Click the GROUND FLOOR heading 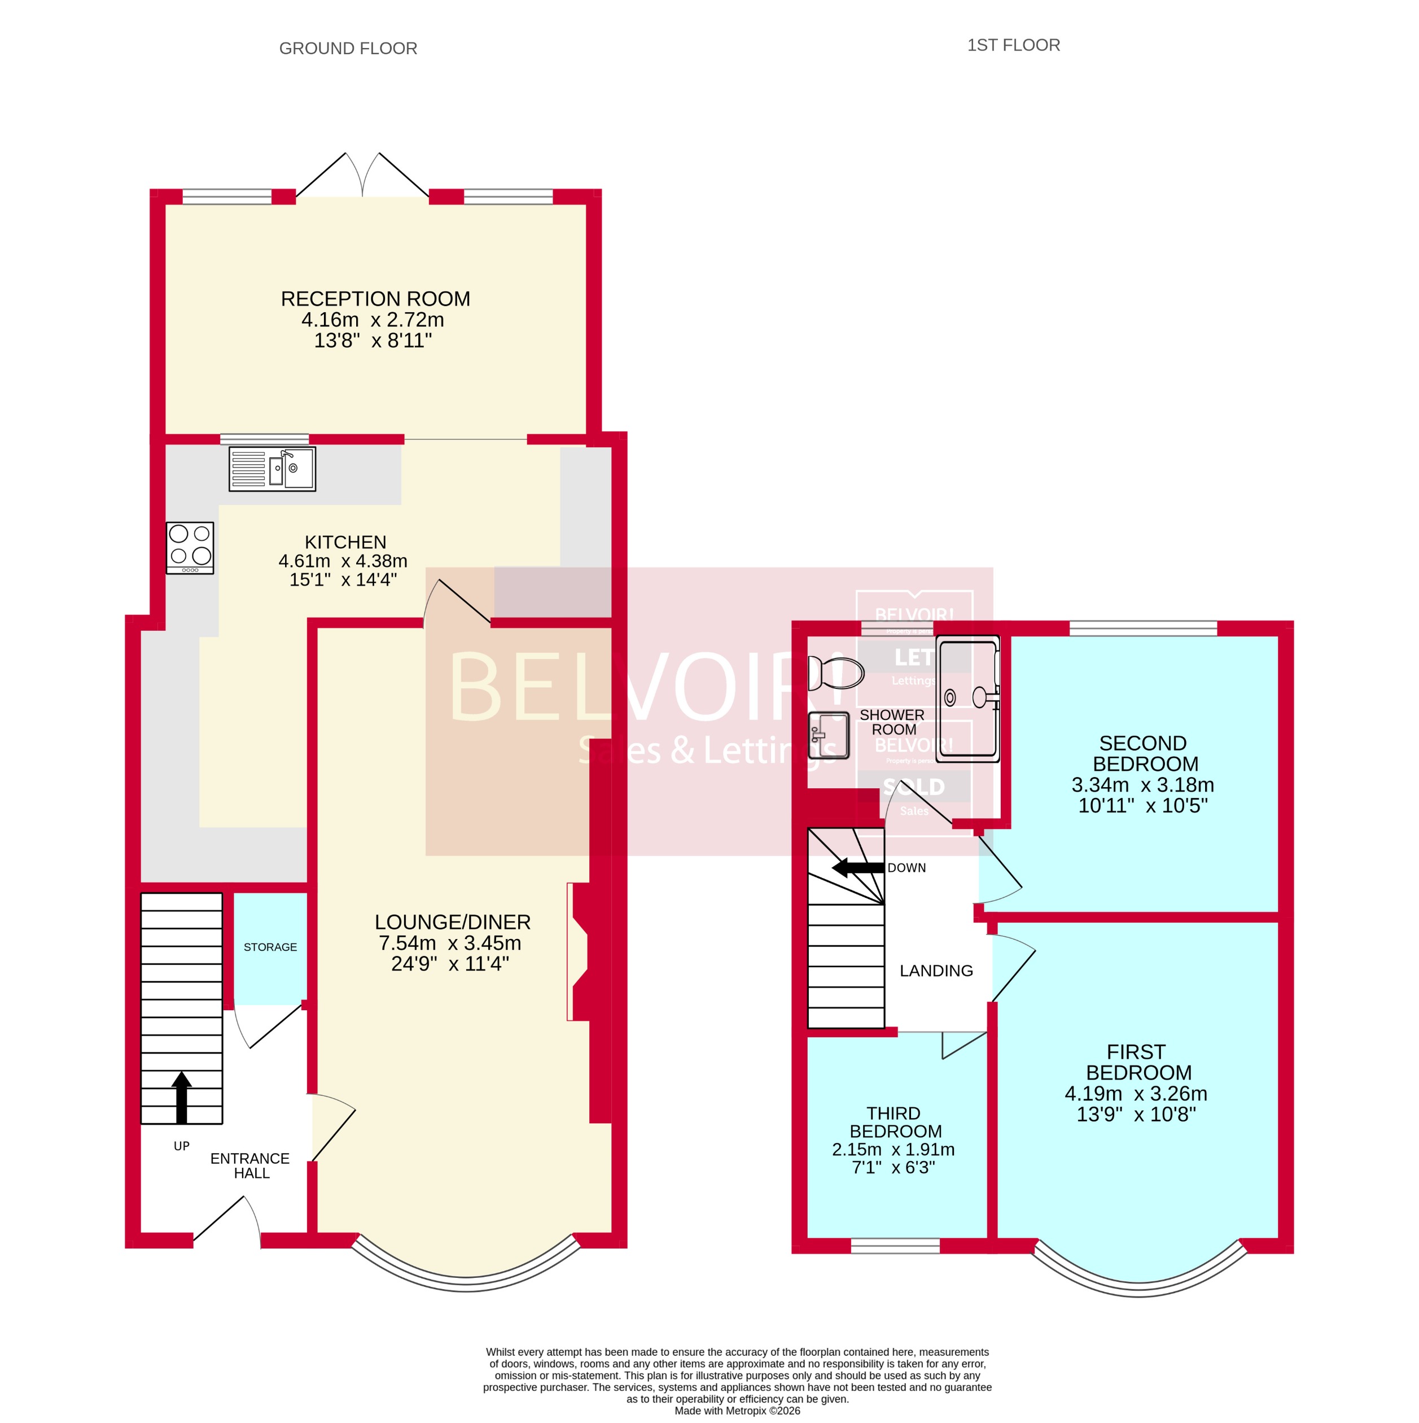coord(348,49)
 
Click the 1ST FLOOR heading coord(1013,45)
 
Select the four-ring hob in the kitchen coord(190,548)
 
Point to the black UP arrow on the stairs coord(181,1097)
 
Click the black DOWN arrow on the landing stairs coord(857,868)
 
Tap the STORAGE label coord(270,947)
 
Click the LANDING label coord(936,971)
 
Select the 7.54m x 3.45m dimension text coord(449,943)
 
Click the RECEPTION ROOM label coord(375,299)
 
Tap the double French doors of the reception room coord(362,177)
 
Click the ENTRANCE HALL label coord(251,1166)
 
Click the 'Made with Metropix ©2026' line coord(737,1411)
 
